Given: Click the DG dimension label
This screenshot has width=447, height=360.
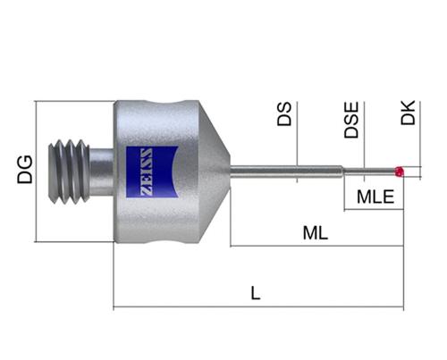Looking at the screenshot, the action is click(25, 170).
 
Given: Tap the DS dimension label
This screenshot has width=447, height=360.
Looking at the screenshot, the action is click(284, 114).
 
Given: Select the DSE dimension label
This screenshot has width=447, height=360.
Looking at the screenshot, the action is click(351, 120).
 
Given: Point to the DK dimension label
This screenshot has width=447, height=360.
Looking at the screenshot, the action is click(408, 113).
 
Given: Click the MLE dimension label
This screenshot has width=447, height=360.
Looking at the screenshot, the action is click(375, 197).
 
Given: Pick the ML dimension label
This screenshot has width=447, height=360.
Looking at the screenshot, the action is click(316, 233).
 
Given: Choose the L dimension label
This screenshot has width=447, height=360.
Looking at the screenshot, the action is click(256, 293).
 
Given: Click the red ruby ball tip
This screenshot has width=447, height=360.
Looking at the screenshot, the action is click(399, 172).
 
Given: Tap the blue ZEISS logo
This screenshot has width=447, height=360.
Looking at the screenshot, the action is click(152, 172).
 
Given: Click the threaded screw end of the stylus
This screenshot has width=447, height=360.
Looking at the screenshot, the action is click(69, 172).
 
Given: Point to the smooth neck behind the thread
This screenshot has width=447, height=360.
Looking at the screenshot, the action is click(101, 172).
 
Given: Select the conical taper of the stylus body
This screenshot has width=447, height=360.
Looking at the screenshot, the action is click(215, 172).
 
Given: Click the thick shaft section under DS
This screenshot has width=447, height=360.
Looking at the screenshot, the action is click(286, 172).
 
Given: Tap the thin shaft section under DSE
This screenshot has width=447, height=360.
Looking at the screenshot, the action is click(368, 172).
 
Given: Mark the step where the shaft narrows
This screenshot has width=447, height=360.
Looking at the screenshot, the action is click(342, 172).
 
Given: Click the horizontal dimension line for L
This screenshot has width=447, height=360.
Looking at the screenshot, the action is click(258, 306).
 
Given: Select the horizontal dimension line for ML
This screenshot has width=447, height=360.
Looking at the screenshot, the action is click(316, 246).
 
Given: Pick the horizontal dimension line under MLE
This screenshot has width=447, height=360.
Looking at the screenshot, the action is click(374, 210).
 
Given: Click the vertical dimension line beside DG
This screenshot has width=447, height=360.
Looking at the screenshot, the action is click(36, 172).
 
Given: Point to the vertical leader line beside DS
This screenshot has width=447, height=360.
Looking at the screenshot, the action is click(297, 142).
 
